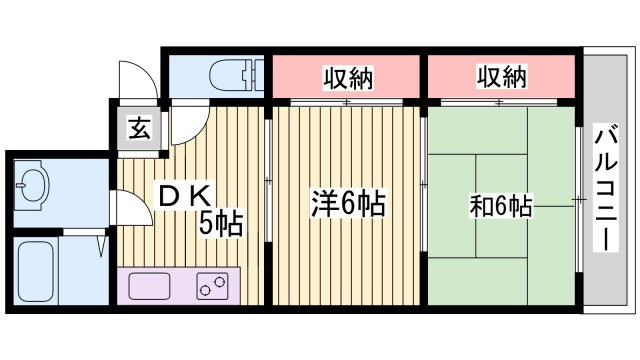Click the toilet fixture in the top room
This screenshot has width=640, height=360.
(x=236, y=76)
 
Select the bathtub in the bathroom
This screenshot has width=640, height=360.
(x=36, y=271)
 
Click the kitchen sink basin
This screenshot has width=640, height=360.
(x=149, y=286)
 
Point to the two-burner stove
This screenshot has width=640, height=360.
(x=212, y=286)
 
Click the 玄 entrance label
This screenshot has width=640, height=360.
(x=139, y=128)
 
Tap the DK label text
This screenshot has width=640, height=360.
(x=185, y=198)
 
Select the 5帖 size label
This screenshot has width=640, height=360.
(x=221, y=223)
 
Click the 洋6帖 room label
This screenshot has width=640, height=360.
(x=349, y=203)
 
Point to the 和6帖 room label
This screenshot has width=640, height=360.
(x=501, y=206)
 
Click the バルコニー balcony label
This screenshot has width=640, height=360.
(x=606, y=187)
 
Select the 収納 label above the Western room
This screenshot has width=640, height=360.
(x=348, y=78)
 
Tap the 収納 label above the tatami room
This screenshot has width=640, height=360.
(x=502, y=76)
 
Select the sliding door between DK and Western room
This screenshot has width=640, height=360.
(x=268, y=180)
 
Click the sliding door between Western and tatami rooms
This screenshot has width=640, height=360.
(x=424, y=184)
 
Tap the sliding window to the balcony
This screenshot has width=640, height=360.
(x=579, y=200)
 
